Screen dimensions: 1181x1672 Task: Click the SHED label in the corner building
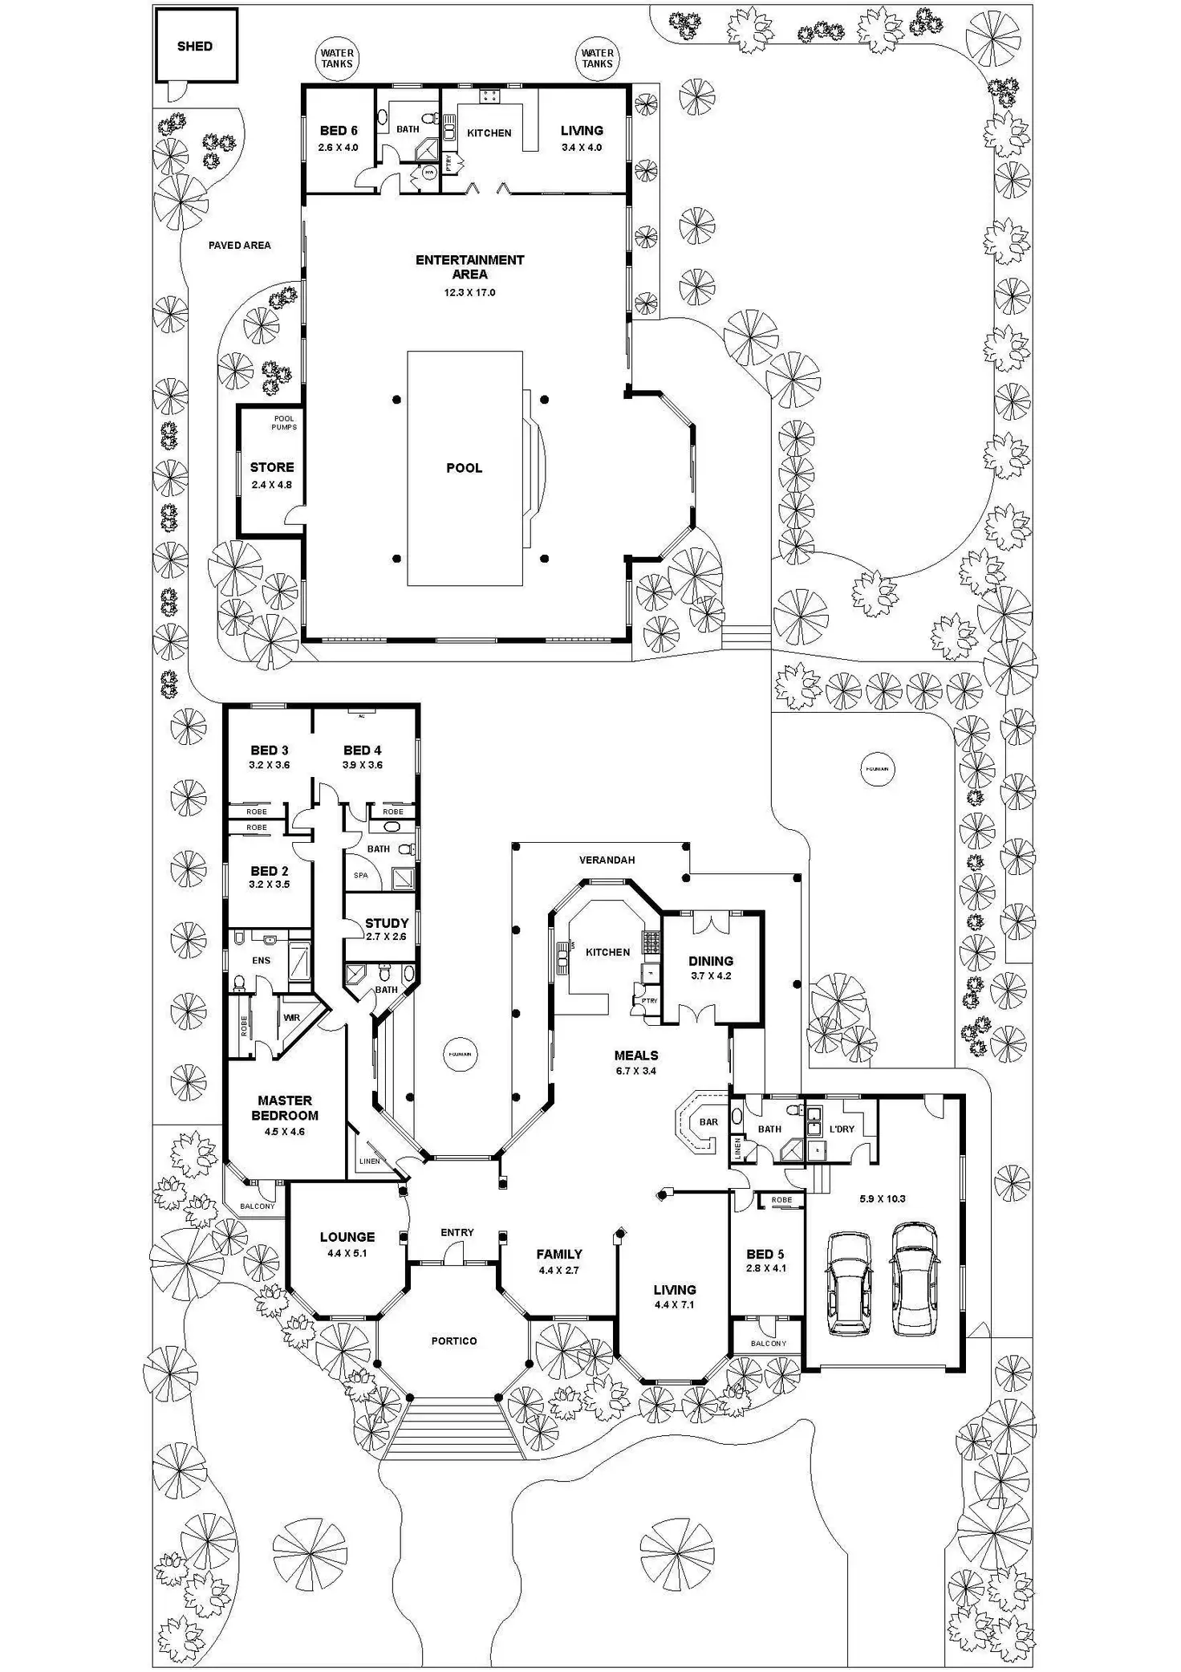(195, 47)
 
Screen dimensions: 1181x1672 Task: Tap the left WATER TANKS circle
(337, 59)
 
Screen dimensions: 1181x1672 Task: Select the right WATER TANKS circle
(597, 59)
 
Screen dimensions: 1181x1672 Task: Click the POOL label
(465, 468)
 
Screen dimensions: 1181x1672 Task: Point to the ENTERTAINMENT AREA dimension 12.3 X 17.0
(469, 293)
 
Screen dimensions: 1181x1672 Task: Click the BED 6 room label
(339, 131)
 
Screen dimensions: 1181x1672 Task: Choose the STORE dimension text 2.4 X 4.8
(272, 485)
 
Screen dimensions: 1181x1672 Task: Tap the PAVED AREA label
(239, 246)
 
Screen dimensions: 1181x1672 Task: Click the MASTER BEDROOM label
(285, 1108)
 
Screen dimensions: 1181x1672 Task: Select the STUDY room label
(387, 923)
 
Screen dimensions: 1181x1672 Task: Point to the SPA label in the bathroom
(361, 875)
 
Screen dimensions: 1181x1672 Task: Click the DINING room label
(711, 961)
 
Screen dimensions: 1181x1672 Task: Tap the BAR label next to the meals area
(708, 1122)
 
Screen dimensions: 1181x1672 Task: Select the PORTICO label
(454, 1341)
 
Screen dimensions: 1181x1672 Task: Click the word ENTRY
(457, 1232)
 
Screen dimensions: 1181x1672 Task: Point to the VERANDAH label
(607, 860)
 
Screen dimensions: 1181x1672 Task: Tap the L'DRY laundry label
(842, 1129)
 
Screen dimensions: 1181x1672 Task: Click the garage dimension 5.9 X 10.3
(883, 1199)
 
